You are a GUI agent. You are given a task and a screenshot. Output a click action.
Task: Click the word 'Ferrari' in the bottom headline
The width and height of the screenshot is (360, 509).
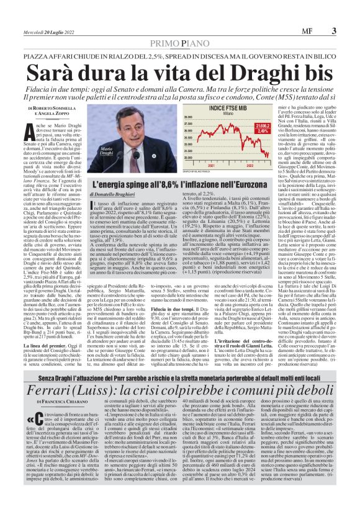[x=56, y=379]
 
